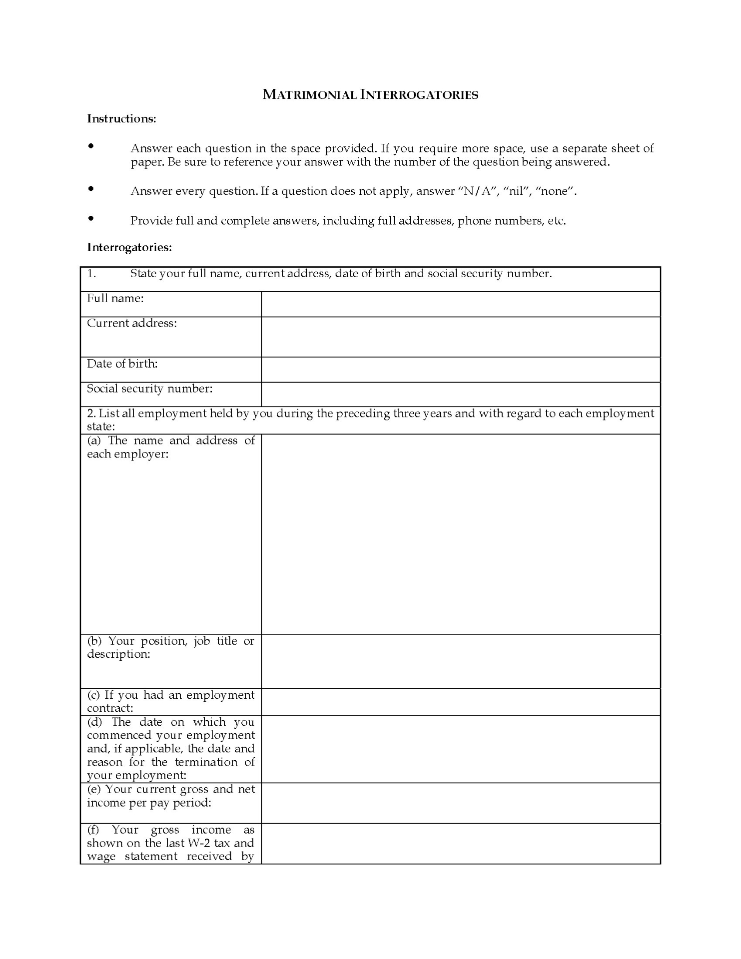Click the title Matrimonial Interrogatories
[370, 94]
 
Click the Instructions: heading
[121, 119]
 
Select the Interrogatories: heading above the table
[129, 247]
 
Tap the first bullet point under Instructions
[91, 146]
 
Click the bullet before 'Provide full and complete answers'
[91, 218]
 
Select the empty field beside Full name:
[460, 304]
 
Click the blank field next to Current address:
[460, 337]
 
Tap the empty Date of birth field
[460, 370]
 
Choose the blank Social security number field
[460, 395]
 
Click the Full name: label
[115, 299]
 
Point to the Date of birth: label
[122, 364]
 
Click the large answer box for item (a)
[460, 534]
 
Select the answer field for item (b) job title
[460, 661]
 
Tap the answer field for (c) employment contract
[460, 702]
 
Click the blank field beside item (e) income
[460, 803]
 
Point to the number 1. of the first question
[91, 274]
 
